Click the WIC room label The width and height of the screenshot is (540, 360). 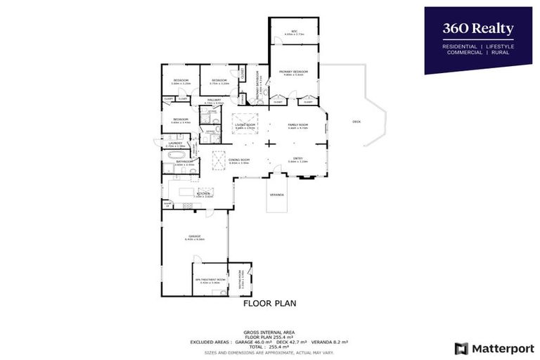tap(295, 31)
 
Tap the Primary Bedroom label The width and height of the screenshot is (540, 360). tap(293, 72)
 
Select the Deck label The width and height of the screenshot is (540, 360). tap(356, 122)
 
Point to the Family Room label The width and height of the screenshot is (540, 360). tap(298, 125)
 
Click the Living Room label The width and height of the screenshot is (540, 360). tap(245, 125)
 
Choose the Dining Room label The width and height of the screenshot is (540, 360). tap(239, 160)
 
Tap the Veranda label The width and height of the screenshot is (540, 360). tap(277, 195)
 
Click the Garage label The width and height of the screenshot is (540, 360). tap(194, 236)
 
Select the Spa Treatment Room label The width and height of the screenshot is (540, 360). tap(210, 280)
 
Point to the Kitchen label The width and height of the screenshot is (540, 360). tap(203, 193)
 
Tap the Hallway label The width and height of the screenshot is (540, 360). tap(214, 101)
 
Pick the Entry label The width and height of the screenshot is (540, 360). tap(298, 160)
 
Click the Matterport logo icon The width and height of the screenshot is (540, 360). tap(461, 348)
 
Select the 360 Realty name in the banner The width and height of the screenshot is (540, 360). tap(477, 29)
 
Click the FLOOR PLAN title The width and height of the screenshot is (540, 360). tap(269, 304)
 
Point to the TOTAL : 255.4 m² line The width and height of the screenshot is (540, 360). tap(269, 347)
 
